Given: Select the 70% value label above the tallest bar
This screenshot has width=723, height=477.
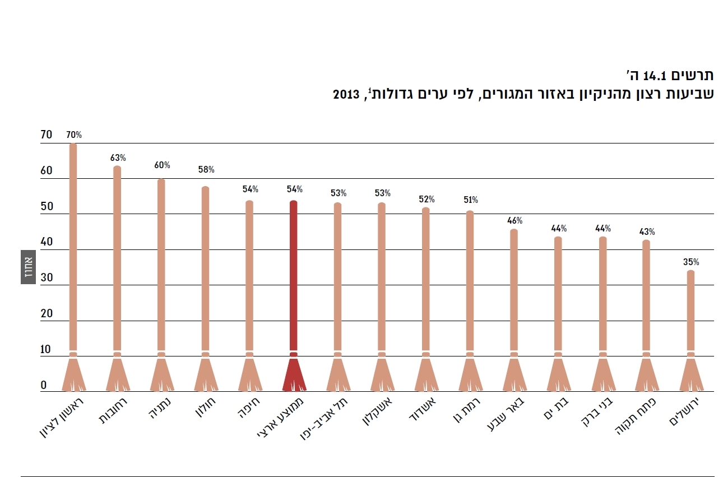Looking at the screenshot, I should (x=74, y=135).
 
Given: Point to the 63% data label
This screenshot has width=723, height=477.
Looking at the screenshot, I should (x=118, y=158).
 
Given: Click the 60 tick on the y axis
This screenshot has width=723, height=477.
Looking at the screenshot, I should (x=46, y=171).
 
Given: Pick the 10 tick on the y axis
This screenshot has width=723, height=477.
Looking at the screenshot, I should (x=46, y=349).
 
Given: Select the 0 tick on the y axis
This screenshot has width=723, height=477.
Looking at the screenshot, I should (x=43, y=385).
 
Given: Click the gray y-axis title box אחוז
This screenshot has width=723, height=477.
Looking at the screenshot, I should (x=29, y=266).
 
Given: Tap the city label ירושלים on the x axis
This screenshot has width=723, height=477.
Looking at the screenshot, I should (x=684, y=413).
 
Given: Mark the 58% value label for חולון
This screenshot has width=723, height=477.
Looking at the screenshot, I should (x=206, y=170).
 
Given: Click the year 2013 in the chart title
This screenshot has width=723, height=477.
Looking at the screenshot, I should (x=346, y=94).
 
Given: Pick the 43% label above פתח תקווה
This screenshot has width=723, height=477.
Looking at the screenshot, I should (x=647, y=232).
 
